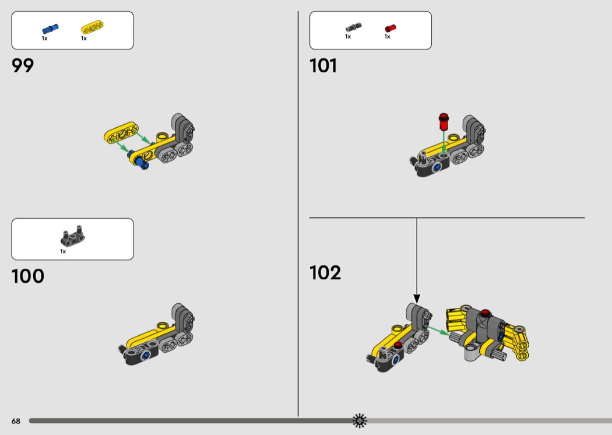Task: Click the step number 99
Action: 23,65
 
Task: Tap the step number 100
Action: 28,276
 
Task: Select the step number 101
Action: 323,65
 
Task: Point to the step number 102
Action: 325,272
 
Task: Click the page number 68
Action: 16,421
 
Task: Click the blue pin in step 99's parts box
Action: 50,29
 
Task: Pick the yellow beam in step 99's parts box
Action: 93,27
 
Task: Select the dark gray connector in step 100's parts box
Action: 73,237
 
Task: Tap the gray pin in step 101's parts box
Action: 353,27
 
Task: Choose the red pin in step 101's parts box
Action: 391,28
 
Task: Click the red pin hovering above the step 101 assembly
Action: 444,121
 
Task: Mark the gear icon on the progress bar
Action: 360,420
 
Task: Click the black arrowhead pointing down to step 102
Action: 417,299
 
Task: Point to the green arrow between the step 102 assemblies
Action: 437,330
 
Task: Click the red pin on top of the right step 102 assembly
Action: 485,313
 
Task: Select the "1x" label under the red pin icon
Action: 387,37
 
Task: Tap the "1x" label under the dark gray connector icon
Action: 63,251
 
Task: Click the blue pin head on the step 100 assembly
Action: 146,355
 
